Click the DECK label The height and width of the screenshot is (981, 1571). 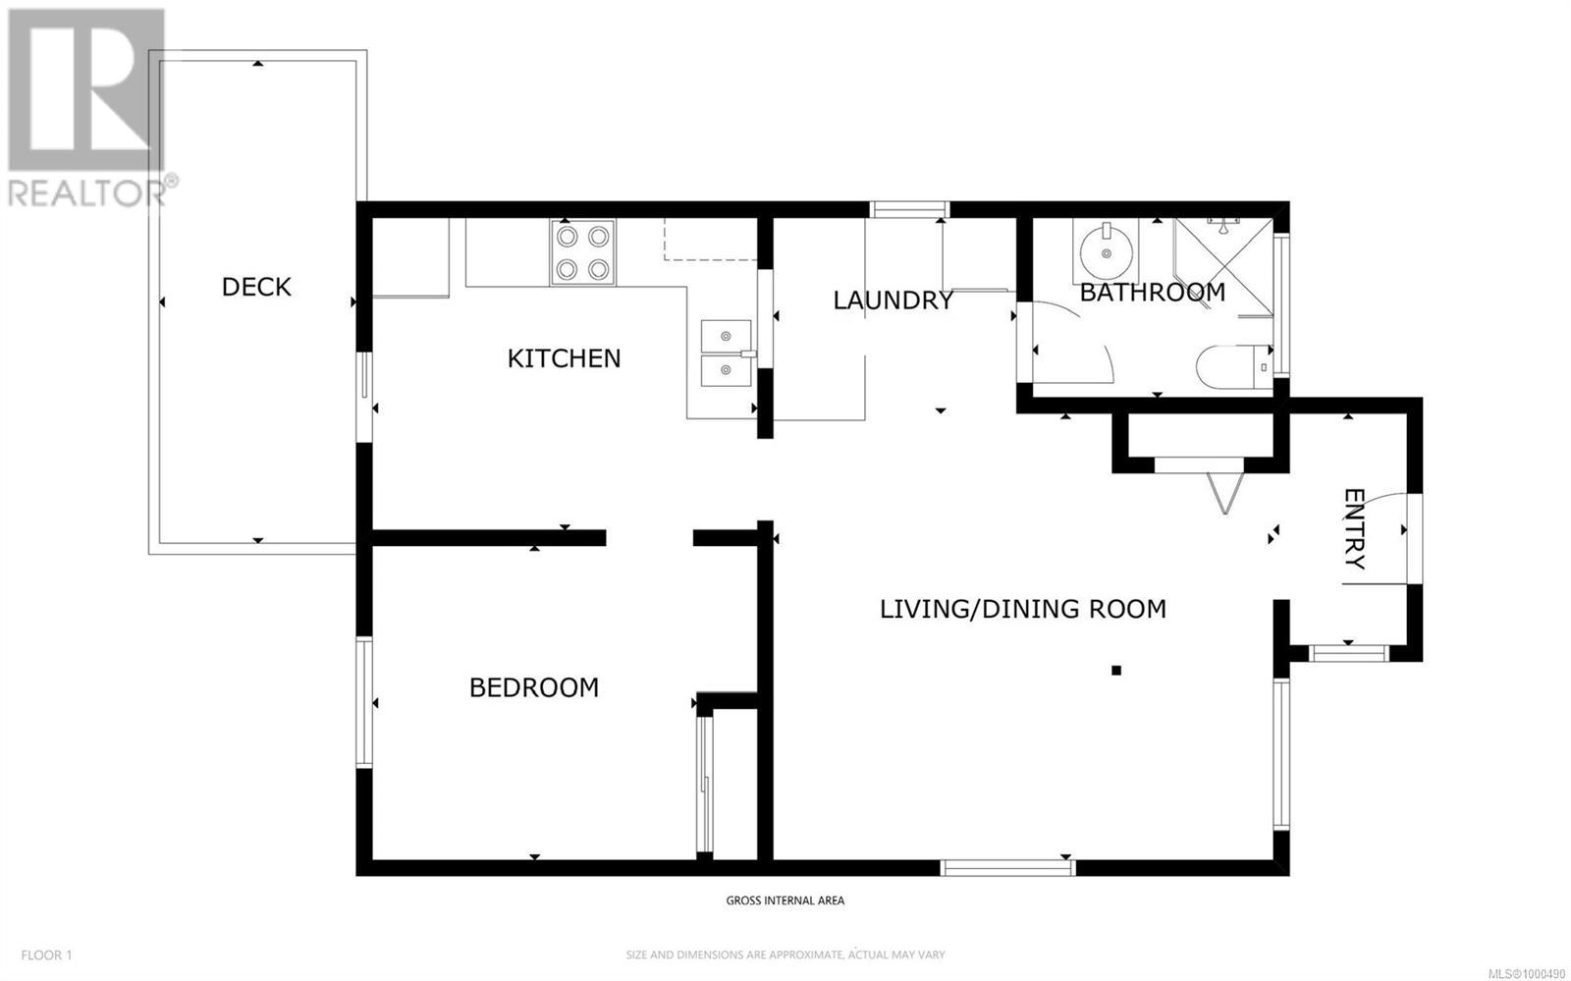(256, 287)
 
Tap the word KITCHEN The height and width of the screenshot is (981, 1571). (564, 359)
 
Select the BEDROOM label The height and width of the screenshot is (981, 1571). (534, 688)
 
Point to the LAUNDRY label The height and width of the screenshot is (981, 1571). (893, 300)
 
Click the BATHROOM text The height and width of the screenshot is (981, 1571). (1153, 293)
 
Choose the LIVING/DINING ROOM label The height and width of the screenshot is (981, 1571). (1023, 609)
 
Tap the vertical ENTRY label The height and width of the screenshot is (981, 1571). (1355, 528)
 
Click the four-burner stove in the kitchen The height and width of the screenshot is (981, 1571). (583, 252)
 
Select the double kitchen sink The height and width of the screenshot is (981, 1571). (727, 354)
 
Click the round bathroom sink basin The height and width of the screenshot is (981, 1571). (1106, 253)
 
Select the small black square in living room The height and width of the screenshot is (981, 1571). (1116, 671)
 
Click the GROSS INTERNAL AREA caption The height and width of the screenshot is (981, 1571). (785, 900)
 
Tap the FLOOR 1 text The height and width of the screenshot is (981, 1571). (46, 955)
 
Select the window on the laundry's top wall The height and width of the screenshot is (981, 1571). (909, 210)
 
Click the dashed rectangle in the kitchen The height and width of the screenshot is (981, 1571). (711, 240)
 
